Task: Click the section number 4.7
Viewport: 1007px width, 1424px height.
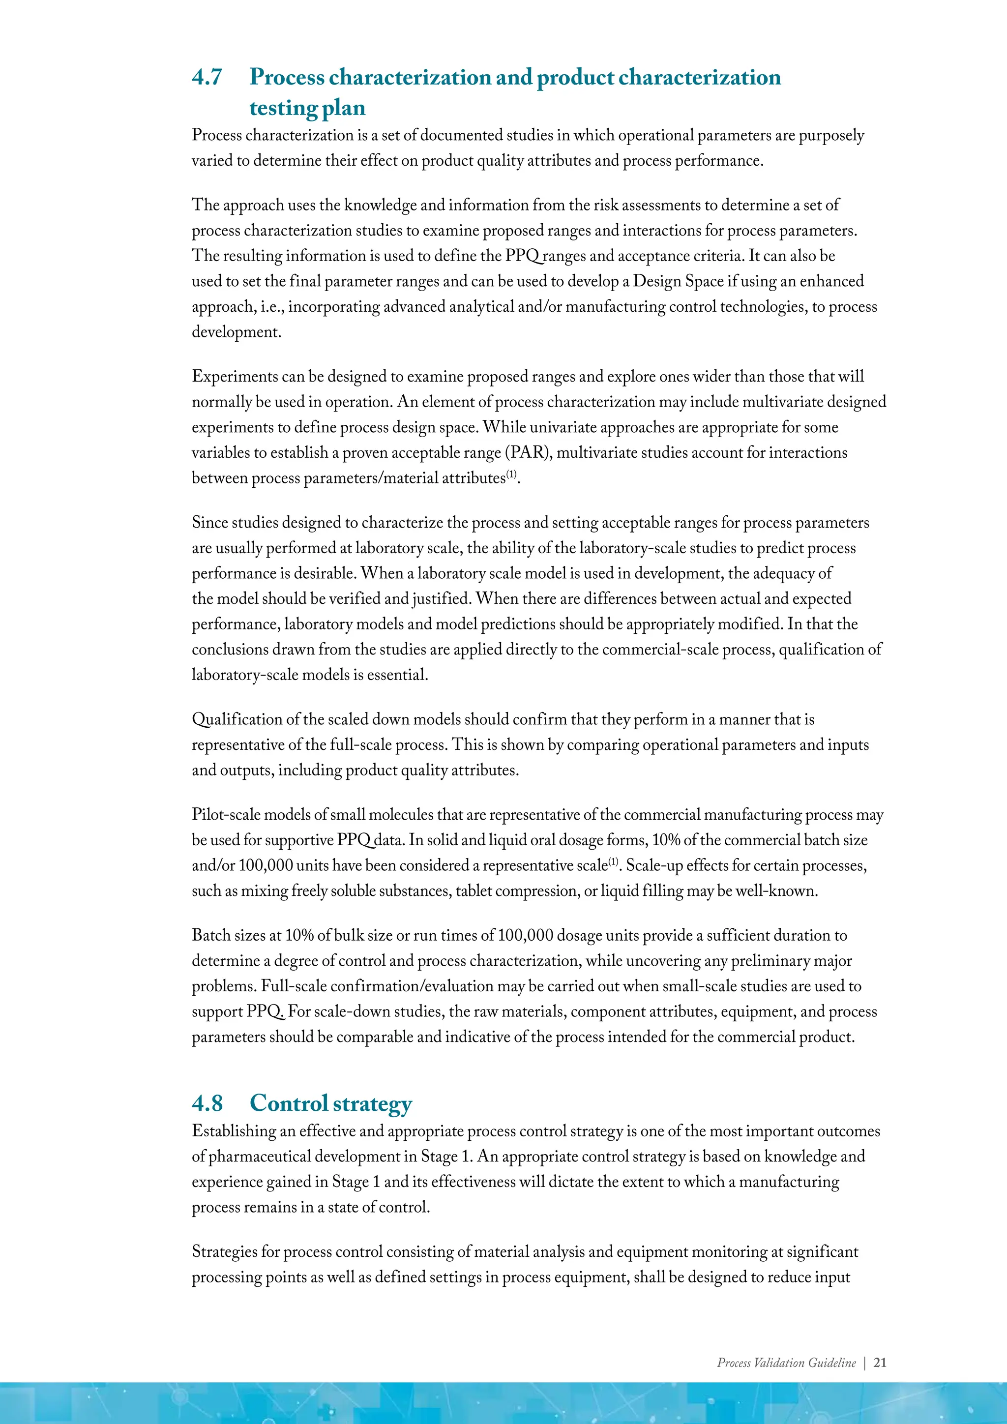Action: point(207,77)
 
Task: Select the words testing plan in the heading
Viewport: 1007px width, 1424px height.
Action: point(307,108)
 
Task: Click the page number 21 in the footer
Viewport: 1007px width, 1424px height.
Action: point(879,1363)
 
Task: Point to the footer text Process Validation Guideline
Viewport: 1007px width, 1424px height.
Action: point(786,1363)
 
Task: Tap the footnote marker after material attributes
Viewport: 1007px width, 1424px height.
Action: point(511,475)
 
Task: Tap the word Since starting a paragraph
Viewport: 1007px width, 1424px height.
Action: point(209,523)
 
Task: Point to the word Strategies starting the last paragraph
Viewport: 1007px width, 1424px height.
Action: point(225,1251)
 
